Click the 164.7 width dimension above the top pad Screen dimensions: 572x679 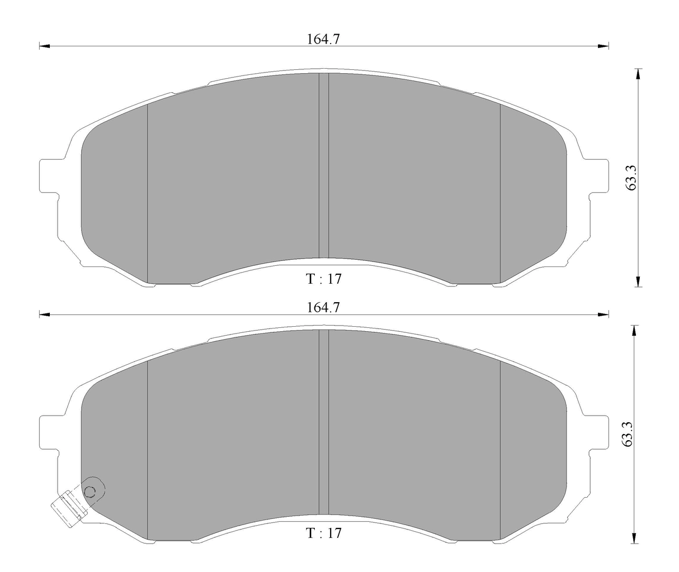point(323,39)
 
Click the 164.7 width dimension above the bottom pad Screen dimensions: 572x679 point(323,307)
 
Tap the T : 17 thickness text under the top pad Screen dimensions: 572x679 point(323,279)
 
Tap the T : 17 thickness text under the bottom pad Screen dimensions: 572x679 point(323,533)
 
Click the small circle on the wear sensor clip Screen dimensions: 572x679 point(90,492)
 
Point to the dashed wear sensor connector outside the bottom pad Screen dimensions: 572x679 point(67,508)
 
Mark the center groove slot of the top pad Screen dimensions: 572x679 point(323,168)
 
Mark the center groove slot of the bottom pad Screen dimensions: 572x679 point(323,423)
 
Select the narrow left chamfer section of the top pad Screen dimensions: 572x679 point(115,193)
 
